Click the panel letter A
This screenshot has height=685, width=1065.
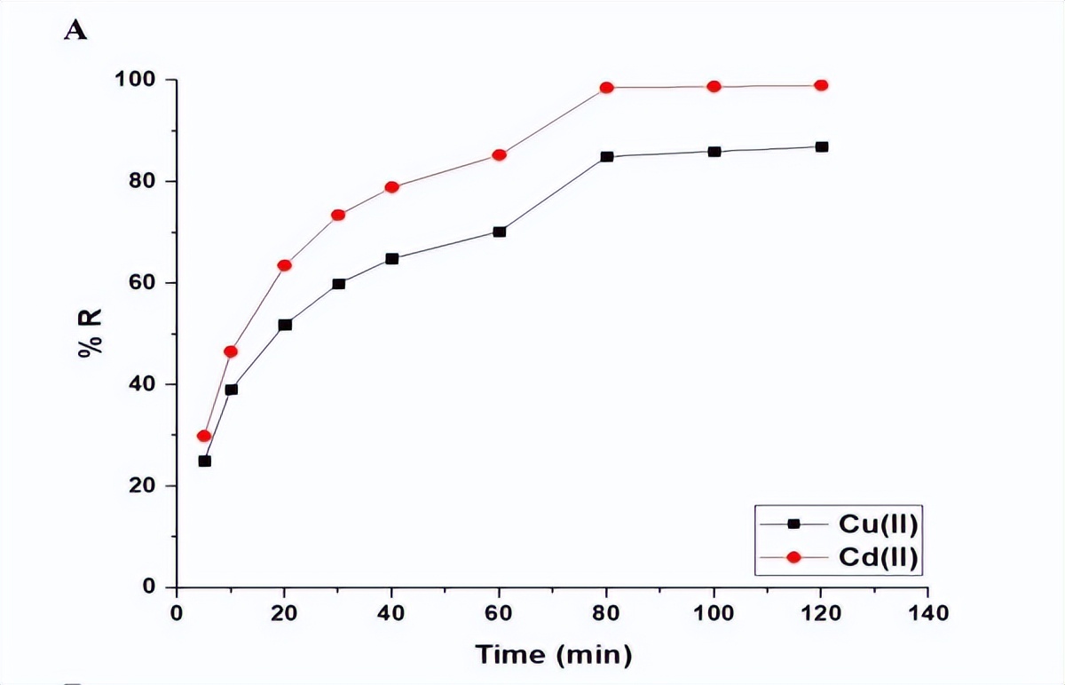click(x=76, y=31)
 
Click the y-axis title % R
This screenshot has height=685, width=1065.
click(x=90, y=333)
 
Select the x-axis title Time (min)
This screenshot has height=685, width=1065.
click(x=554, y=656)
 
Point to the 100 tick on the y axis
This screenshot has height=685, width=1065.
click(x=135, y=80)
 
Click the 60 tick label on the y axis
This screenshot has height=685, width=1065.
click(x=141, y=283)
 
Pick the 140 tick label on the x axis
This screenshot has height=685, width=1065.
click(x=927, y=613)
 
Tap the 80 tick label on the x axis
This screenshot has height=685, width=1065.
click(x=606, y=613)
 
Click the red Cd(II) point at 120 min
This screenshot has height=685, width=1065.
click(x=821, y=85)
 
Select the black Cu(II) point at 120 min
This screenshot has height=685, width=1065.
click(x=822, y=146)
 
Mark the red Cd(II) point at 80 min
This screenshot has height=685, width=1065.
click(x=607, y=88)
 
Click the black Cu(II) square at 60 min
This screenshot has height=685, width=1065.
click(x=500, y=232)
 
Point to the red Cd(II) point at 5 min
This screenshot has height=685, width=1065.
click(x=204, y=436)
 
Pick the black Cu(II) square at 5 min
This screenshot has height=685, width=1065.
click(x=204, y=461)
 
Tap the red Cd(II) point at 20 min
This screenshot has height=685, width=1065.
click(x=285, y=265)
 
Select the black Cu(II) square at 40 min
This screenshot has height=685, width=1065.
click(x=392, y=259)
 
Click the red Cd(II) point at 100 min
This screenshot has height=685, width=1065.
click(x=714, y=86)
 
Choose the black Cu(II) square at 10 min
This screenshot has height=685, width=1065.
click(x=231, y=389)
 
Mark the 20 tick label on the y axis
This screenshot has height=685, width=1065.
click(x=141, y=486)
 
